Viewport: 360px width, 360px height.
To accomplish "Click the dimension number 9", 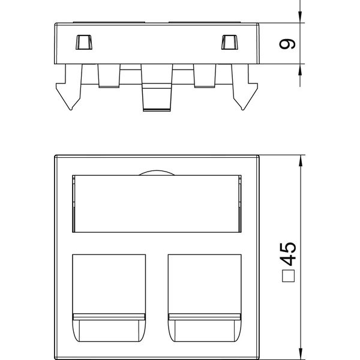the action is (287, 44).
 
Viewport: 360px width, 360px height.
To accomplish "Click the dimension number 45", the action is (288, 254).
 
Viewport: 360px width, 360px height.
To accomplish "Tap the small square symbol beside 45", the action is (289, 276).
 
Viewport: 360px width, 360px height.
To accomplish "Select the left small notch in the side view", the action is (84, 42).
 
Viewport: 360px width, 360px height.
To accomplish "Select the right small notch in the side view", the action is (229, 42).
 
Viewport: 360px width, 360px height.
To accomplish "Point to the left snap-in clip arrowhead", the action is (68, 97).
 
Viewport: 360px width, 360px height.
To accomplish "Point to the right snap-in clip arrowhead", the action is (245, 97).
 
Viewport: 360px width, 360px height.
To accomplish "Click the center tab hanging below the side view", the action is (157, 88).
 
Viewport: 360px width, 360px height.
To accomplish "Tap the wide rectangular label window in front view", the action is (157, 203).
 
